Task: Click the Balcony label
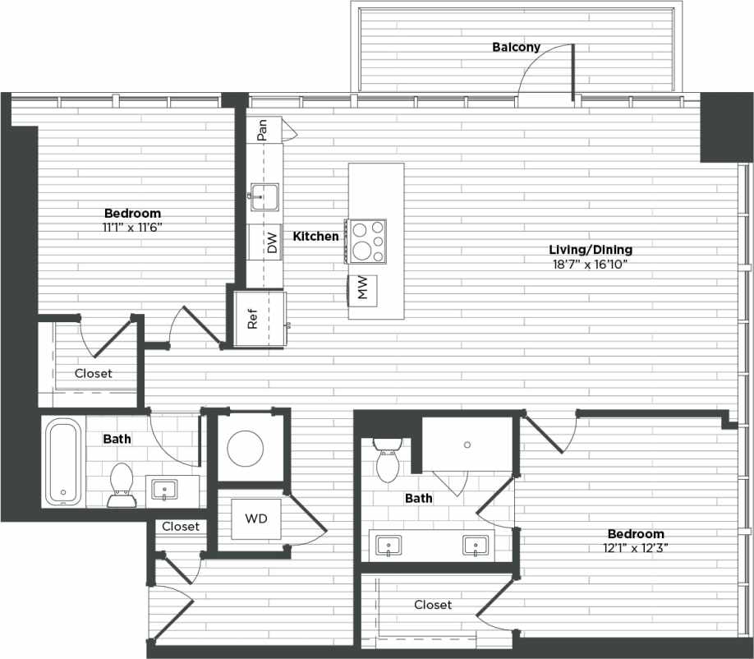click(516, 47)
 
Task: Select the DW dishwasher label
click(271, 242)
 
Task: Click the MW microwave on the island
click(361, 288)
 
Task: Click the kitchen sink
click(264, 198)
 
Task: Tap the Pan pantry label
click(262, 131)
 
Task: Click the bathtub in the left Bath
click(62, 461)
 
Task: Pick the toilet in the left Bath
click(122, 484)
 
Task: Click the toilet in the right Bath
click(387, 460)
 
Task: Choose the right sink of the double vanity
click(476, 545)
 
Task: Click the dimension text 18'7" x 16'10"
click(591, 265)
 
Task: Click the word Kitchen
click(316, 237)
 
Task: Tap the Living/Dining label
click(591, 250)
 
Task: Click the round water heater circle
click(246, 449)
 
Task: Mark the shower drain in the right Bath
click(467, 445)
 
